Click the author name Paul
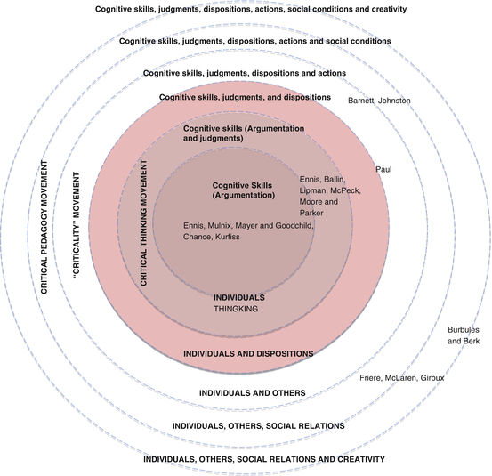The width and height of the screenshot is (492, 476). (383, 169)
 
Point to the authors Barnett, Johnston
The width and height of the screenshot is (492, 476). (380, 101)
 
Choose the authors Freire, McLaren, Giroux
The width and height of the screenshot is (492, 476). (401, 377)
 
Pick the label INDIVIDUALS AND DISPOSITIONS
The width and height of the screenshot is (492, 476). (247, 353)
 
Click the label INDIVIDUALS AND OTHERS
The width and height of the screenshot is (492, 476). (252, 392)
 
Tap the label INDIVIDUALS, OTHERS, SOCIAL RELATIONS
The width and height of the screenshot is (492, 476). (258, 426)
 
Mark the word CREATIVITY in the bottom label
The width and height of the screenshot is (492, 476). (353, 460)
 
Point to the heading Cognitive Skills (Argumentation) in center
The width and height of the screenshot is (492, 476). (243, 190)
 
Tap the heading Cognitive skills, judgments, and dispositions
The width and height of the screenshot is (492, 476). (245, 97)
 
